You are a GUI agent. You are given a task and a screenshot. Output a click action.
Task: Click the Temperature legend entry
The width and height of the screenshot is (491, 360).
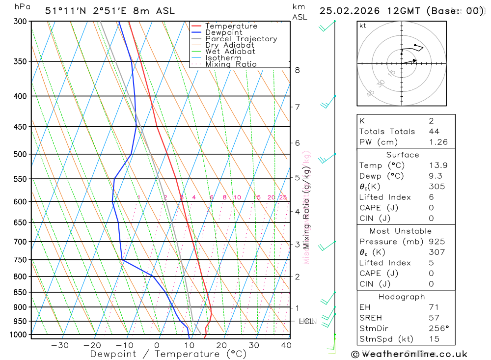click(x=231, y=26)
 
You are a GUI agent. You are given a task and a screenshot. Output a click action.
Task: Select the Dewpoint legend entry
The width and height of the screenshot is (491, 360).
click(x=223, y=32)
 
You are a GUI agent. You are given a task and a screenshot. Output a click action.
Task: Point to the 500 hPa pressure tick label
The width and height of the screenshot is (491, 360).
click(x=20, y=154)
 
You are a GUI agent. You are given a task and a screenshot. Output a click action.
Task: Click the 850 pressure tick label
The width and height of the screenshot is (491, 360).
click(x=20, y=292)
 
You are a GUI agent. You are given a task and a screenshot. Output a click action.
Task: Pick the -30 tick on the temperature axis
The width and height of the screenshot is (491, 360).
click(x=60, y=345)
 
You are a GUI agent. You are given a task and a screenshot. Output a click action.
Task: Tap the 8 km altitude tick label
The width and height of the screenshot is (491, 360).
click(x=298, y=70)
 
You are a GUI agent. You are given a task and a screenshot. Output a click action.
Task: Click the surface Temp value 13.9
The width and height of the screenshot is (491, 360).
click(x=438, y=166)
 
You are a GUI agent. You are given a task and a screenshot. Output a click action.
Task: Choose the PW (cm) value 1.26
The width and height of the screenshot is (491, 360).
click(x=438, y=142)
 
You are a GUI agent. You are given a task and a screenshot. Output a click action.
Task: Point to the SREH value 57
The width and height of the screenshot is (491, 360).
click(x=434, y=318)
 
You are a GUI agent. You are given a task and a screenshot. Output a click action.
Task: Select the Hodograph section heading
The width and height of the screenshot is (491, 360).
click(x=402, y=297)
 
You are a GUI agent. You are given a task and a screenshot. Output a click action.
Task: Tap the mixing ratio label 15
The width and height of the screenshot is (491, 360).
click(x=257, y=197)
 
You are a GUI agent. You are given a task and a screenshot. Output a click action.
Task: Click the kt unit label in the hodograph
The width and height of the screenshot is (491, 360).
click(x=363, y=26)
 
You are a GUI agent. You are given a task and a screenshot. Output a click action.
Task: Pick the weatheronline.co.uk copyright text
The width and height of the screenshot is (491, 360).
click(x=409, y=354)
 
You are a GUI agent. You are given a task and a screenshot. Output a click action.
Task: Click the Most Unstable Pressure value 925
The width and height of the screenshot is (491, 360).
click(x=436, y=242)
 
